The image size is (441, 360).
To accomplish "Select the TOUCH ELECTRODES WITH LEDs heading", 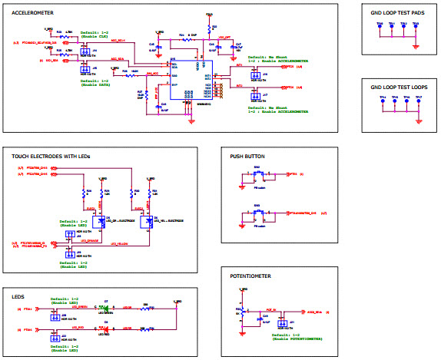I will click(x=51, y=156).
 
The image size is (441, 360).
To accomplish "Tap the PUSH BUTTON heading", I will click(x=247, y=156).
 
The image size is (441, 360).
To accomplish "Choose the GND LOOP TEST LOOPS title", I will click(x=396, y=88).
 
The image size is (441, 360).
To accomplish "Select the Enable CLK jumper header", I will click(x=83, y=51).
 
